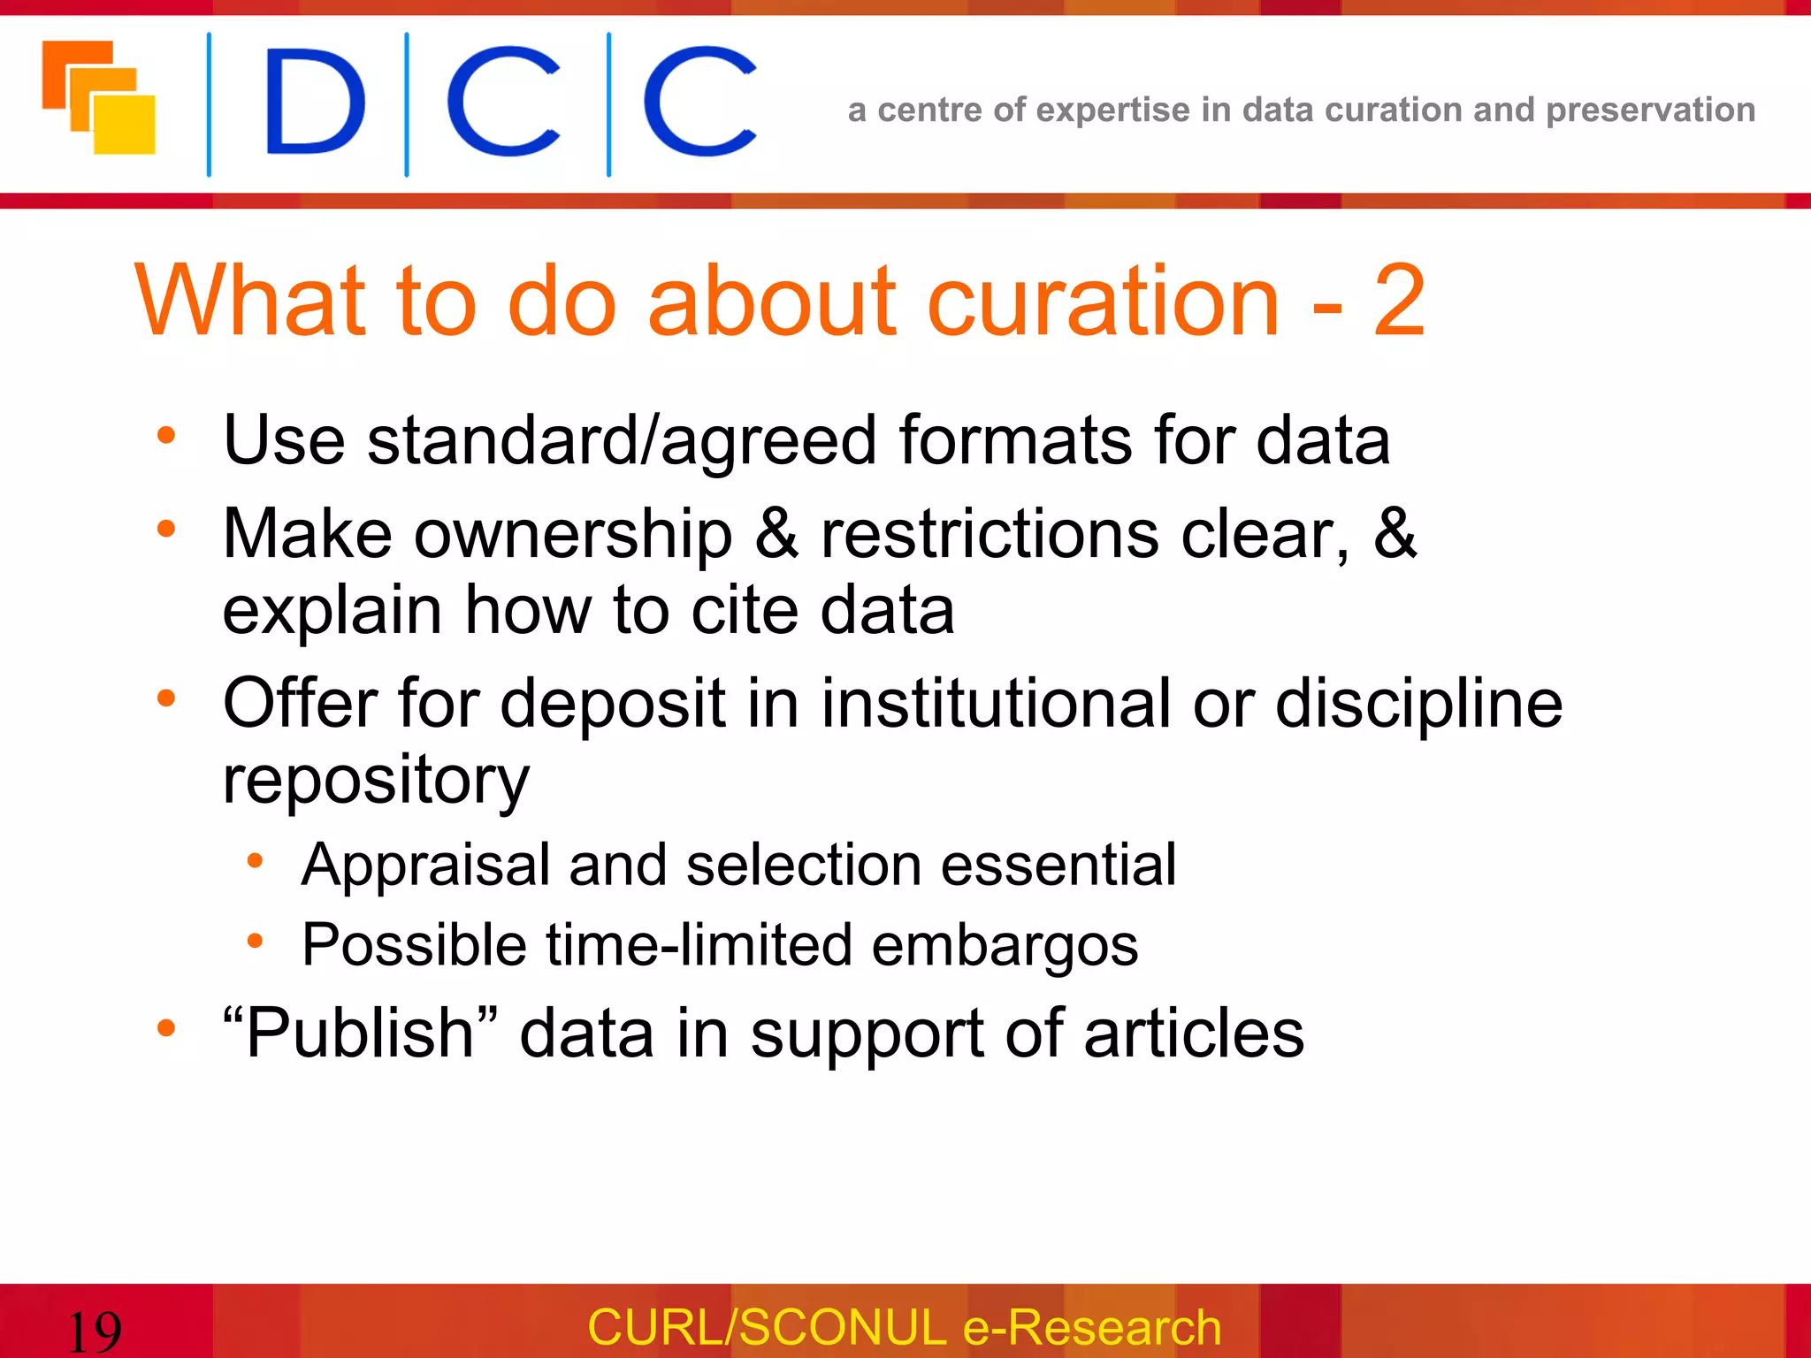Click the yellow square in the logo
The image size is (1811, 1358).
[126, 126]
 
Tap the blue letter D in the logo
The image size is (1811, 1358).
[314, 102]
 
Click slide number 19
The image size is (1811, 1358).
[94, 1331]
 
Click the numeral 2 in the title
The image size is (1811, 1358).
[1399, 302]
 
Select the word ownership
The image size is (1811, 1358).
[573, 534]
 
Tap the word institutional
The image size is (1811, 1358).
[996, 704]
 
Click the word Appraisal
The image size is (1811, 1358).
[424, 866]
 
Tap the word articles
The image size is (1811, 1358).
[1194, 1033]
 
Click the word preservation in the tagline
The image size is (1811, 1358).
[1650, 111]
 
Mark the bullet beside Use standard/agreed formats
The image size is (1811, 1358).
[166, 436]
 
